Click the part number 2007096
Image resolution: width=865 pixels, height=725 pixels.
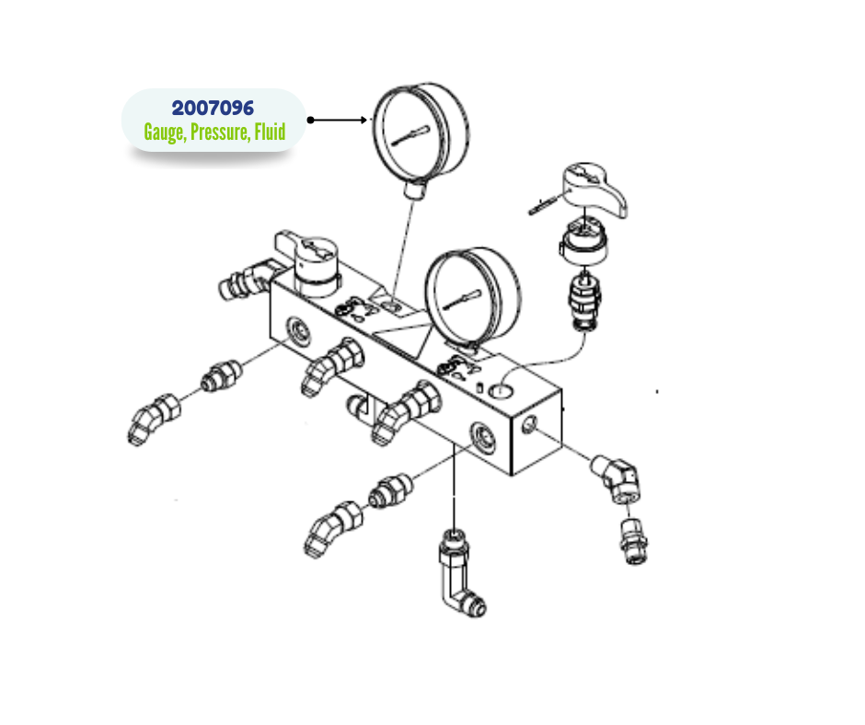pos(213,109)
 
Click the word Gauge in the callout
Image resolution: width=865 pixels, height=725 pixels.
pos(165,132)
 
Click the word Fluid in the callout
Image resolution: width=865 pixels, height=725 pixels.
pos(270,132)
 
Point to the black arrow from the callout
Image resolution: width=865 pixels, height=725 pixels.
pos(337,120)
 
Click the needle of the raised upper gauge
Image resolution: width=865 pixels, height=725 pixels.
pos(410,136)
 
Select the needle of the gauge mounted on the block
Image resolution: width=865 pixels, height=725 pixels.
pos(462,300)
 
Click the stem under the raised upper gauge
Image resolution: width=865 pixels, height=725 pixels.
pos(415,190)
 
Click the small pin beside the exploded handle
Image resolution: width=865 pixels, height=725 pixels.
pos(542,206)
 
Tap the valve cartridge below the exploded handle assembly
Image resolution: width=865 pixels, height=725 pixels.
pos(584,301)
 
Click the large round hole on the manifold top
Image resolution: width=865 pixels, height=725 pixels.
pos(501,391)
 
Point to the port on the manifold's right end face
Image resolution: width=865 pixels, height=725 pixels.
pos(528,424)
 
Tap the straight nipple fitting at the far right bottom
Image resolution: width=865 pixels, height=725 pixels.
pos(634,541)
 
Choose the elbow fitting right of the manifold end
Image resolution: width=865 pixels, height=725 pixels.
pos(617,478)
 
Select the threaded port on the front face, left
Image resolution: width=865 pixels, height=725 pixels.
pos(299,331)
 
